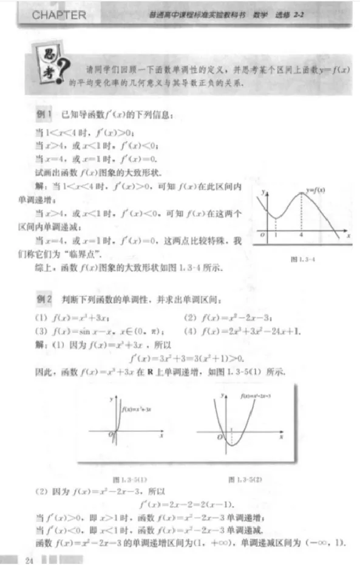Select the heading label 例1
(x=45, y=114)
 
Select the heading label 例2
(x=45, y=299)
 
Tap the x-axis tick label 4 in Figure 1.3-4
(x=302, y=235)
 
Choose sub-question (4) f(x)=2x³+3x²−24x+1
(x=242, y=331)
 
